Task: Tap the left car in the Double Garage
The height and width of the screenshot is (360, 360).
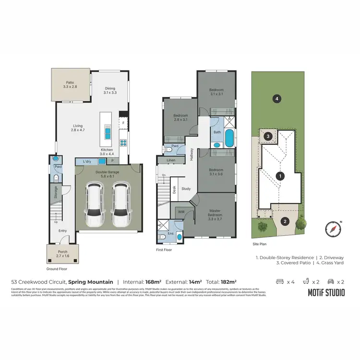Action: pos(95,206)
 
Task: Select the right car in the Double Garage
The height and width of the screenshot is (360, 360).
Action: pos(121,206)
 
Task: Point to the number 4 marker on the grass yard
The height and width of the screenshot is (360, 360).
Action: pos(276,99)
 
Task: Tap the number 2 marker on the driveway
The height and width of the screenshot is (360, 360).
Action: pos(285,221)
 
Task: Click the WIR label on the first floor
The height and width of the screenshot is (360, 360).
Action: pos(180,211)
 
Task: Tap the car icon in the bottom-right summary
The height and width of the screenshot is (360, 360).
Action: pos(330,282)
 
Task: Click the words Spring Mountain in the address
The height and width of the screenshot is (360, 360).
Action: pos(91,282)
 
